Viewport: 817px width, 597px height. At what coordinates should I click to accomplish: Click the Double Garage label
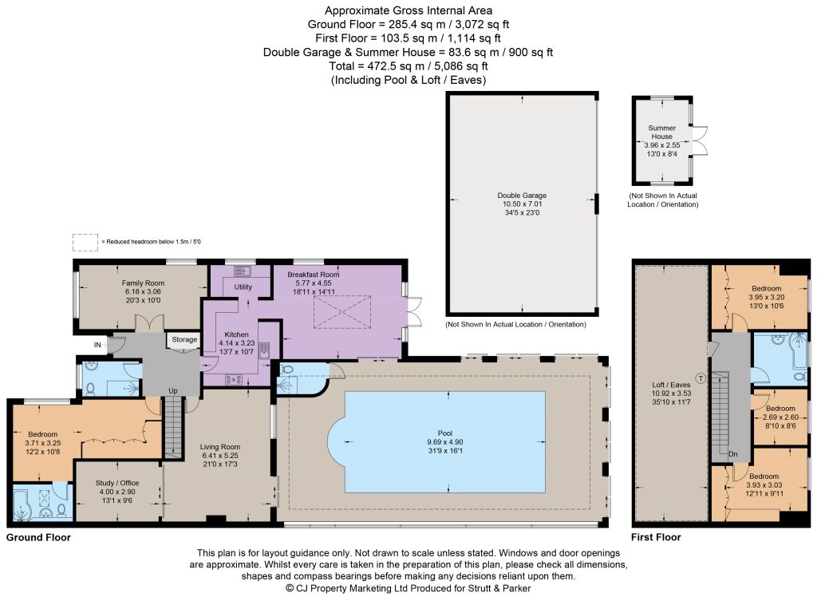coord(522,196)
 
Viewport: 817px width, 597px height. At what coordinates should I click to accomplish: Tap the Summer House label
coord(661,132)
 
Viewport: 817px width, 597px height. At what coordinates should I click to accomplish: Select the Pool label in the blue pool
coord(445,433)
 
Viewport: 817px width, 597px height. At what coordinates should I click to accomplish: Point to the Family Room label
coord(143,283)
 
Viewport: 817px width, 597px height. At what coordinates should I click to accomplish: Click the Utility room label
coord(243,287)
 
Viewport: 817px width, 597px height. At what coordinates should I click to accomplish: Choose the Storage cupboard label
coord(184,339)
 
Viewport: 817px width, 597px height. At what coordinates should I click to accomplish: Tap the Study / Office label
coord(117,483)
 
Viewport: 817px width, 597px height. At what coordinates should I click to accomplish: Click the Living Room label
coord(220,447)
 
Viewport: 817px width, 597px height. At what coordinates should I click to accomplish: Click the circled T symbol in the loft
coord(701,378)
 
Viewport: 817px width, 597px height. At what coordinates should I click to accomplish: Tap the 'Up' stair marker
coord(173,390)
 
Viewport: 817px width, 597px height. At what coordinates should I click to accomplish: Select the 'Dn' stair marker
coord(733,454)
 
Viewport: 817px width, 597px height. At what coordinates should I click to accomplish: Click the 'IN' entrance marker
coord(97,345)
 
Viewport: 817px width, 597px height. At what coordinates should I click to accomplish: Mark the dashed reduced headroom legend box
coord(85,243)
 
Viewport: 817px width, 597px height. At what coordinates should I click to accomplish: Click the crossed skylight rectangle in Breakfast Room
coord(341,312)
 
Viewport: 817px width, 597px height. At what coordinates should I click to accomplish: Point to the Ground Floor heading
coord(38,538)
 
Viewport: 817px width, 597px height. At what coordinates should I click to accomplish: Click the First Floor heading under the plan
coord(656,538)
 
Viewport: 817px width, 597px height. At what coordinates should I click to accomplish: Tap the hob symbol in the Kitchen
coord(233,380)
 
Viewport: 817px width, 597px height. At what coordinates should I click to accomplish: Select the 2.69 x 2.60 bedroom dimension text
coord(780,417)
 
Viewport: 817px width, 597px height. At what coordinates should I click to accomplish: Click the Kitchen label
coord(236,334)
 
